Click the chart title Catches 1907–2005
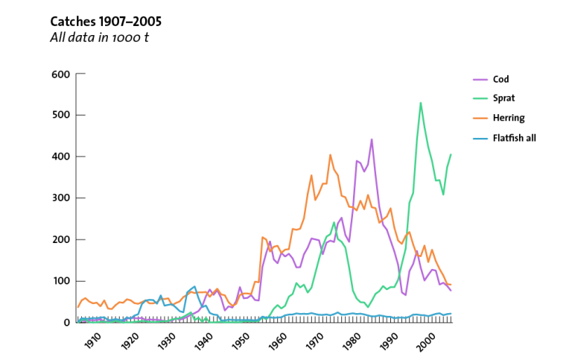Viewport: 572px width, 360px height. point(106,22)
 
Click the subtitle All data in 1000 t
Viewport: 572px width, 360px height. point(99,37)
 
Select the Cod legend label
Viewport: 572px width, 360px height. point(500,79)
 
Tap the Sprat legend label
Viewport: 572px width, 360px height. point(503,98)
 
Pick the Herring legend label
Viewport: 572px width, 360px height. point(509,118)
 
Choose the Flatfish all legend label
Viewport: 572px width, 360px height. point(515,138)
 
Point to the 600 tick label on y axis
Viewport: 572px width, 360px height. point(60,74)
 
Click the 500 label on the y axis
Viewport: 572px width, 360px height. point(60,115)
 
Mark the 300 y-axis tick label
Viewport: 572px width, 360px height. point(60,198)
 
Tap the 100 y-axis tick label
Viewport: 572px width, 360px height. point(61,281)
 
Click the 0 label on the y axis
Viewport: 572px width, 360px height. point(66,323)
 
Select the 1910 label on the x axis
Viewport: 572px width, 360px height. point(92,341)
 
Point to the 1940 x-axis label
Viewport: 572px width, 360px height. point(203,341)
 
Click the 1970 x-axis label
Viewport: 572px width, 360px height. point(314,341)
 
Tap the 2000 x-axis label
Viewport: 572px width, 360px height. point(426,341)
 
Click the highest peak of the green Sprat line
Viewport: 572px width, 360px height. point(421,103)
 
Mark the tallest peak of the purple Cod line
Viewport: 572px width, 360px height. point(372,139)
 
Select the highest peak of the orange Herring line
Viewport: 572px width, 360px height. point(330,155)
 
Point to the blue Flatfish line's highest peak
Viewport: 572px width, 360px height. point(195,287)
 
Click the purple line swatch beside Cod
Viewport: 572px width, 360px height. point(480,80)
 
